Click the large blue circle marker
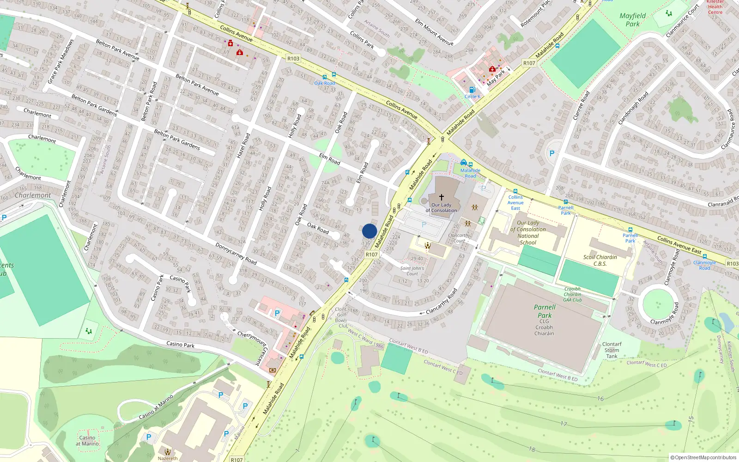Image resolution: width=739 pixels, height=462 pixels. pos(369,231)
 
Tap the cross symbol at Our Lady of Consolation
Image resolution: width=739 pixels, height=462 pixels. pos(441,197)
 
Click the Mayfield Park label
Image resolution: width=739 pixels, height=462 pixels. pos(632,20)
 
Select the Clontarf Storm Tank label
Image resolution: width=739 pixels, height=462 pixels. pos(612,350)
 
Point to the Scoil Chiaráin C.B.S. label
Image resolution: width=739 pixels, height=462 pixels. pos(600,261)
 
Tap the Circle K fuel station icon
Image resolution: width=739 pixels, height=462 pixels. pos(472,90)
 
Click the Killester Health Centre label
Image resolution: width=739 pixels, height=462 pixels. pos(715,7)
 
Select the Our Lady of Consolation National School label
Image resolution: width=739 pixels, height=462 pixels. pos(528,232)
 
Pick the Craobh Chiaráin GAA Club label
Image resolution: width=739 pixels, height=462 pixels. pos(572,294)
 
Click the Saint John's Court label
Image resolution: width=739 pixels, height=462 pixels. pos(412,271)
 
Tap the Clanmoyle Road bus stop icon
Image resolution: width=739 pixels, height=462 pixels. pos(705,256)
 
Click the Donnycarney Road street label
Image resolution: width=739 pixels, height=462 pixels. pos(236,254)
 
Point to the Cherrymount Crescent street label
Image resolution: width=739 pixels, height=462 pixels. pos(252,346)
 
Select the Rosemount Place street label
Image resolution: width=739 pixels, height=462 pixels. pos(536,14)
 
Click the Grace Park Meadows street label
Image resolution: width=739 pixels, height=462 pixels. pos(61,61)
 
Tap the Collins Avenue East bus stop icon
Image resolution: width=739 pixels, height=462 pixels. pos(515,191)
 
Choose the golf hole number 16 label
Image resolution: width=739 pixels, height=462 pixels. pos(600,399)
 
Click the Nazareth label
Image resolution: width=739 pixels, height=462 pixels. pos(167,458)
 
